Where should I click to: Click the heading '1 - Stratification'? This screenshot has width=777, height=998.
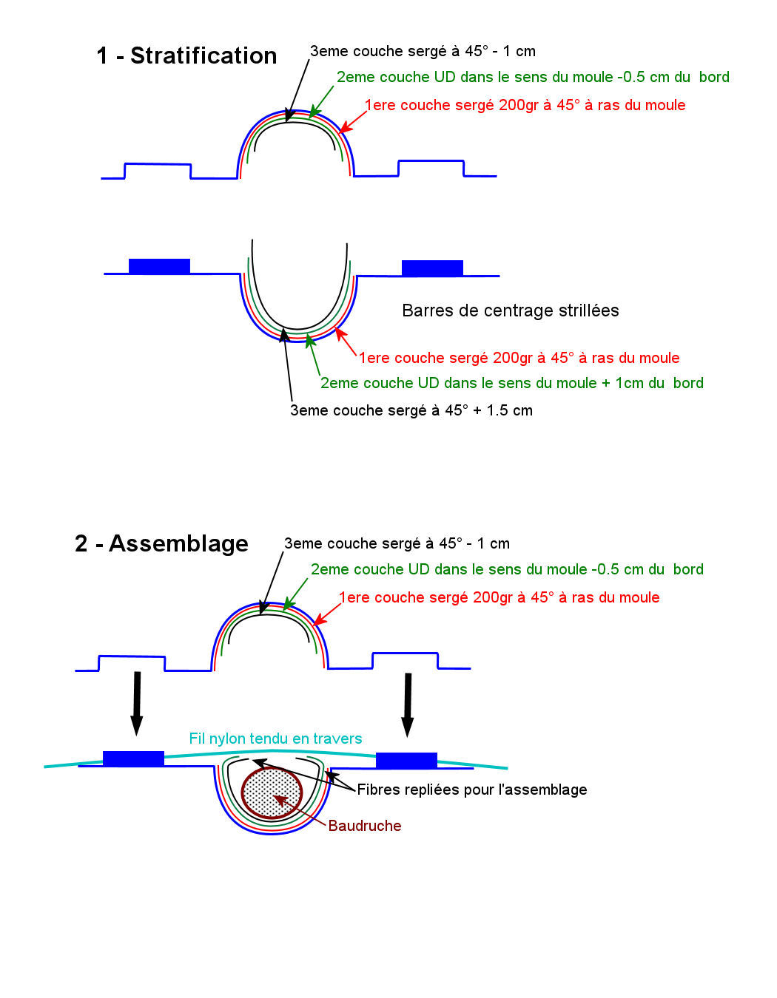coord(186,56)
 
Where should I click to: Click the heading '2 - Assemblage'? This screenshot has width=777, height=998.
coord(161,544)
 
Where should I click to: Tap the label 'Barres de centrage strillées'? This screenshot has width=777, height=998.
coord(510,310)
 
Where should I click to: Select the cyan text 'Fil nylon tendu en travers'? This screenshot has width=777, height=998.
coord(275,739)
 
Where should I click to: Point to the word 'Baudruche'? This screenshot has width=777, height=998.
coord(365,826)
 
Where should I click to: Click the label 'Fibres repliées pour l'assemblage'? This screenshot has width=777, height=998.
coord(472,790)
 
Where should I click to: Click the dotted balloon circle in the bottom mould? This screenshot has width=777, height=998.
coord(272,793)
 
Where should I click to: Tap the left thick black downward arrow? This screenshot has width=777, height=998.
coord(136,703)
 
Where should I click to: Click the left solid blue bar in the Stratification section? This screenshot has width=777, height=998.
coord(159,266)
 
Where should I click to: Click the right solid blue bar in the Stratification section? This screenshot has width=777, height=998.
coord(432,268)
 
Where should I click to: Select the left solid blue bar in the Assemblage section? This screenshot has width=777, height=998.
coord(133,758)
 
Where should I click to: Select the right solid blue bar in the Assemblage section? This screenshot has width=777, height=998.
coord(406,760)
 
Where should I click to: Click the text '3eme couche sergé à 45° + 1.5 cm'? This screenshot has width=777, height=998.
coord(411,410)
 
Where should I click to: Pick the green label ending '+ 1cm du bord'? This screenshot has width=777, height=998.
coord(511,383)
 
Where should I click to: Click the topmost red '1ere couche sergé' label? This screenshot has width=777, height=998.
coord(525,105)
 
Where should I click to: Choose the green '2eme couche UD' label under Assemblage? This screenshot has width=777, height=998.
coord(507,569)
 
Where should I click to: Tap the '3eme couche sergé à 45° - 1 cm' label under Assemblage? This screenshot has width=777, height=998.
coord(397,543)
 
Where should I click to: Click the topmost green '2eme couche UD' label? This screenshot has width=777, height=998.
coord(533,77)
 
